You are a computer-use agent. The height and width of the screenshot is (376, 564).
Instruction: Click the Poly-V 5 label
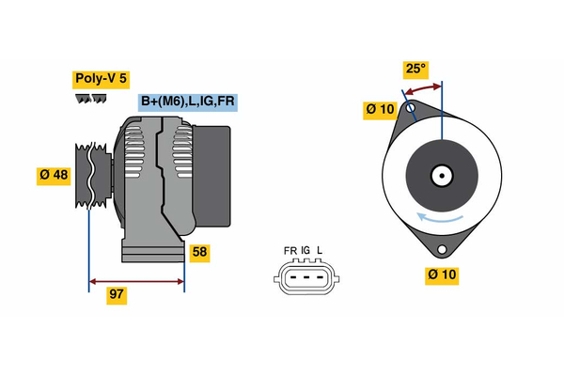point(102,79)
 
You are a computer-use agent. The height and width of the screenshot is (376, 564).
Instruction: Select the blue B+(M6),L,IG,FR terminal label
point(187,102)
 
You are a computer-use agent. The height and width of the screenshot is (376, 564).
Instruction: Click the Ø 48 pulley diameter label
point(55,175)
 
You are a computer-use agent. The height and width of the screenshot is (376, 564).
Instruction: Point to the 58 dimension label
point(198,252)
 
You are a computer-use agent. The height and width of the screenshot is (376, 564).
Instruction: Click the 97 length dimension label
point(117,294)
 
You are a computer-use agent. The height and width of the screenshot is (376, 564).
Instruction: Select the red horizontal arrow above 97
point(136,279)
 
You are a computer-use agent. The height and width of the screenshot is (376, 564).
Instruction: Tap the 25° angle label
point(415,69)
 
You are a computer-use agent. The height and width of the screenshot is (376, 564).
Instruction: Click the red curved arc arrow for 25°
point(423,86)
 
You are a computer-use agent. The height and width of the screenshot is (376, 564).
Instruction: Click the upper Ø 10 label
point(380,110)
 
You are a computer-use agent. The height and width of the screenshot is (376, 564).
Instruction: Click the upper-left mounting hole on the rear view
point(411,110)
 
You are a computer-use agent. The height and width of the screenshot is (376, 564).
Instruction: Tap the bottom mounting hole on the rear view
point(442,249)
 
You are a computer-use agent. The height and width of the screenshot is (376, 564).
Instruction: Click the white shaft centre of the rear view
point(441,175)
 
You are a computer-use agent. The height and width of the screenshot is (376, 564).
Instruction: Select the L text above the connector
point(321,251)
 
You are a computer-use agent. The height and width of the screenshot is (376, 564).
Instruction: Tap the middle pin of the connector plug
point(305,279)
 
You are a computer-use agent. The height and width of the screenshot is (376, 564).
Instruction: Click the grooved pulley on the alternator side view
point(87,178)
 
